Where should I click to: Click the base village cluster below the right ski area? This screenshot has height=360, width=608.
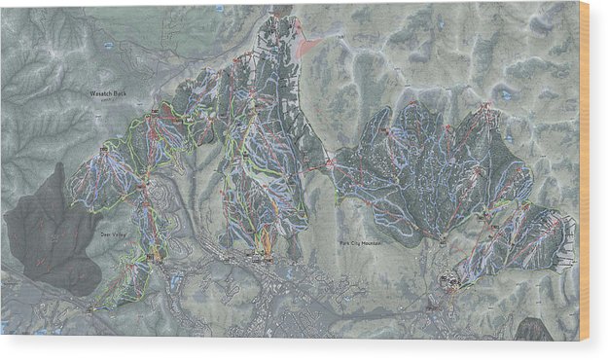pos(450,281)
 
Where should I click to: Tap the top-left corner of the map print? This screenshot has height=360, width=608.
pos(2,4)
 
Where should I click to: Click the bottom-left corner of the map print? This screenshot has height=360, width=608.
pos(2,335)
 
